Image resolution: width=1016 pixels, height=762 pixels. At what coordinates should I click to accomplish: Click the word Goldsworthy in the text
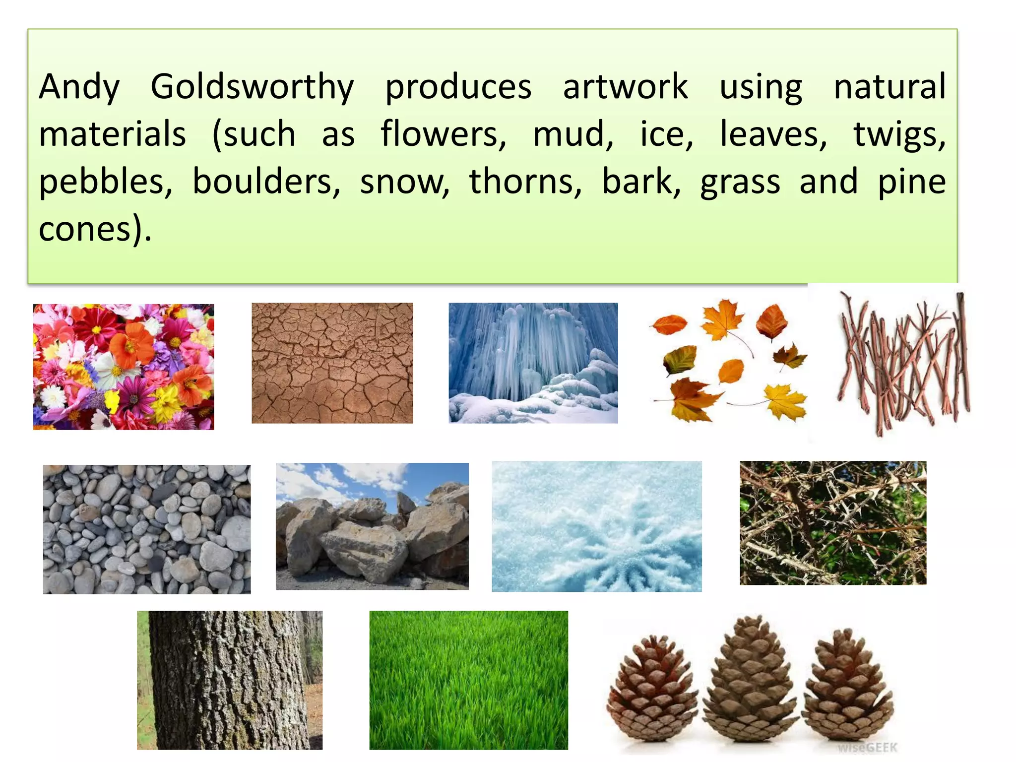(252, 87)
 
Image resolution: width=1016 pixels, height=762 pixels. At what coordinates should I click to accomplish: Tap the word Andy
(79, 87)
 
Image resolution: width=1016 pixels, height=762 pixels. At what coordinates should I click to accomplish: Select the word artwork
(625, 87)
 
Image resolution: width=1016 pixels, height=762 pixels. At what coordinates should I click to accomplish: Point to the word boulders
(266, 182)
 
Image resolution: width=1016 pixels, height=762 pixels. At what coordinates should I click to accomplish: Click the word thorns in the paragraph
(525, 182)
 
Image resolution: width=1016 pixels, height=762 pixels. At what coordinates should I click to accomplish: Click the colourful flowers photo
(124, 367)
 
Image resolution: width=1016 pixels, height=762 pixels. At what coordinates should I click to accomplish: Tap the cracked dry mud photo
(332, 363)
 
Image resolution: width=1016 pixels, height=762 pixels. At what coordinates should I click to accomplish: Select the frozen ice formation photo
(533, 363)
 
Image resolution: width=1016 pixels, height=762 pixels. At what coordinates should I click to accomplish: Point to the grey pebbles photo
(147, 529)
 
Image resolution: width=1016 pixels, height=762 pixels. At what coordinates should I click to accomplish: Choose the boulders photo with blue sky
(372, 526)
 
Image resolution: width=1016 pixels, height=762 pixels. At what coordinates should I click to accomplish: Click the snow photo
(597, 526)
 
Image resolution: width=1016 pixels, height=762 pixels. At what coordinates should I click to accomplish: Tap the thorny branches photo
(833, 522)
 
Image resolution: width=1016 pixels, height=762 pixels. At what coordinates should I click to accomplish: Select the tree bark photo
(230, 680)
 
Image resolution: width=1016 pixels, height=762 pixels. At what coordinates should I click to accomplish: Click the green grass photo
(468, 680)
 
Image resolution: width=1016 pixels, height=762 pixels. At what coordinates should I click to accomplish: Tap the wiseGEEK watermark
(868, 748)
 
